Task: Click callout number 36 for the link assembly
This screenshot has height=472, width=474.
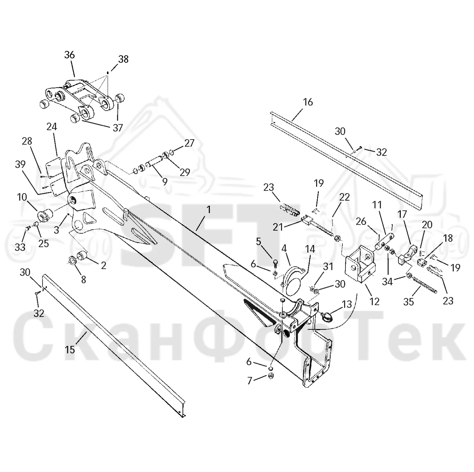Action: (x=69, y=55)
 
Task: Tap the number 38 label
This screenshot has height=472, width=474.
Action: (x=123, y=59)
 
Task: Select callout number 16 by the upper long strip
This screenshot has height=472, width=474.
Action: (x=308, y=102)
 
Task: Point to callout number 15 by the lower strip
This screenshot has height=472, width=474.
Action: (x=70, y=350)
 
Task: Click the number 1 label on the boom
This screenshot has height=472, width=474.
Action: (x=208, y=210)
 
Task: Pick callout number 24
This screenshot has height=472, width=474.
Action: (x=52, y=127)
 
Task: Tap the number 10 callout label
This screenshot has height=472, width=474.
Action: (x=22, y=197)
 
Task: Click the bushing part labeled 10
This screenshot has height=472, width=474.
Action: (x=45, y=215)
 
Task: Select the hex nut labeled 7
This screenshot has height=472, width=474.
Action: (x=271, y=382)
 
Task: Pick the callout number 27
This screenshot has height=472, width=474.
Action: (x=189, y=143)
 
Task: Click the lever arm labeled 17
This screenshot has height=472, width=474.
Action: (x=407, y=257)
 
